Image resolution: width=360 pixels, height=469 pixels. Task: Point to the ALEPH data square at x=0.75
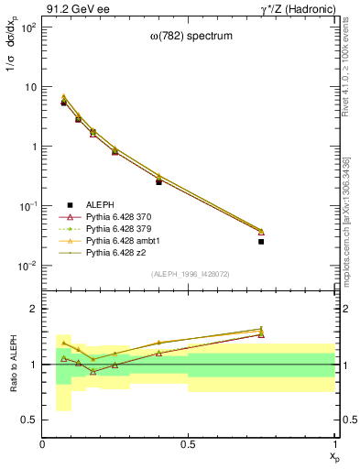tap(261, 242)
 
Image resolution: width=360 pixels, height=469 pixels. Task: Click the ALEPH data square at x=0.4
tap(158, 182)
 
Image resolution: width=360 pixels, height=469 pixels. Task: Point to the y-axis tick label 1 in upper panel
tap(32, 147)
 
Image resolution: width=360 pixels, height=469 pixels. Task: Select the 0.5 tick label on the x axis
tap(189, 445)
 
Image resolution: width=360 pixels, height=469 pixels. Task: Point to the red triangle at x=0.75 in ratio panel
tap(261, 334)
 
